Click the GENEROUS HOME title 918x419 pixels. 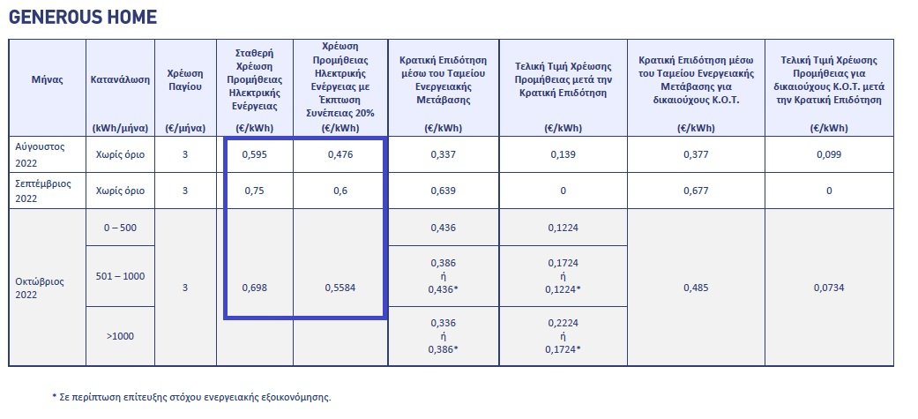(83, 17)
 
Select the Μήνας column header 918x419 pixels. (47, 79)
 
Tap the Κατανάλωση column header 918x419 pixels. (120, 79)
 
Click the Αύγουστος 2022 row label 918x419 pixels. (39, 154)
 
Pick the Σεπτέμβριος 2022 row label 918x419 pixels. (42, 191)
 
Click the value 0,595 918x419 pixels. (255, 154)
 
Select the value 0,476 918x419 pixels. (340, 154)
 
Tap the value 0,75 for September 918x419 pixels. (255, 191)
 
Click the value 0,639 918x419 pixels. (444, 191)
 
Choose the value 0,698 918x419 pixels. (255, 288)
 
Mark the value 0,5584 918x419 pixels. (340, 288)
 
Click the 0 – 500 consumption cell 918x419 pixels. (120, 228)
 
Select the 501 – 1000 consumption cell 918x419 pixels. (120, 276)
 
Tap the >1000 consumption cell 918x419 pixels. (120, 336)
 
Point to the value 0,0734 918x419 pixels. (829, 288)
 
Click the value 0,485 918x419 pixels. (696, 288)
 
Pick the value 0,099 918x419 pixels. (829, 154)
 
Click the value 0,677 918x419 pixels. (696, 191)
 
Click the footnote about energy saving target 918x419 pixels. (191, 397)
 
